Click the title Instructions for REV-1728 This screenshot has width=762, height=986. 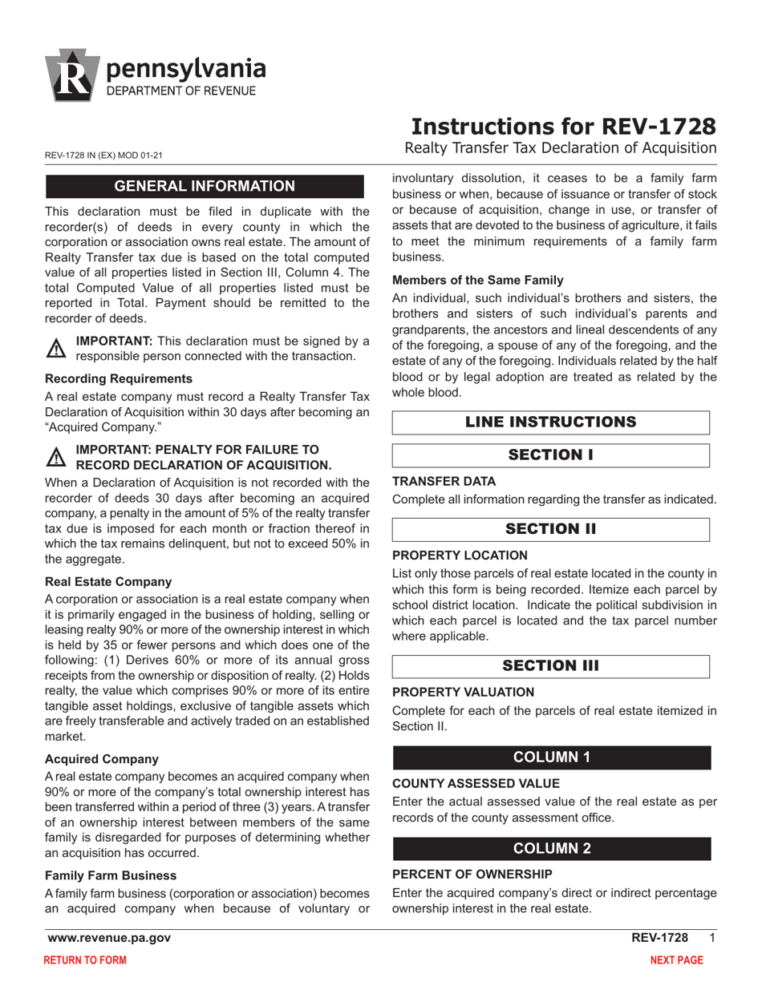pos(563,127)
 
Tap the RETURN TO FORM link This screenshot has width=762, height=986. pos(84,960)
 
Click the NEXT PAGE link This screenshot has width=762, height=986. pos(676,960)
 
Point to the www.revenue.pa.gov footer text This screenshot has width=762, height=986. pos(109,938)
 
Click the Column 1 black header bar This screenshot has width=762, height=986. pos(551,758)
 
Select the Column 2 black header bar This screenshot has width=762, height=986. pos(551,849)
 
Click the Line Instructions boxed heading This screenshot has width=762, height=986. pos(551,422)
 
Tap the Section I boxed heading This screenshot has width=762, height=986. pos(551,455)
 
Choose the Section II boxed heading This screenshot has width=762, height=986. pos(551,529)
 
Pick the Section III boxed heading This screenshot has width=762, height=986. pos(551,666)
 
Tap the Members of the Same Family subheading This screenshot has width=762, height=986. pos(477,280)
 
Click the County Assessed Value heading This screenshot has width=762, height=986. pos(476,783)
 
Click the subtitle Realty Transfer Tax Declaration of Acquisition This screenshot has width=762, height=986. pos(560,148)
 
